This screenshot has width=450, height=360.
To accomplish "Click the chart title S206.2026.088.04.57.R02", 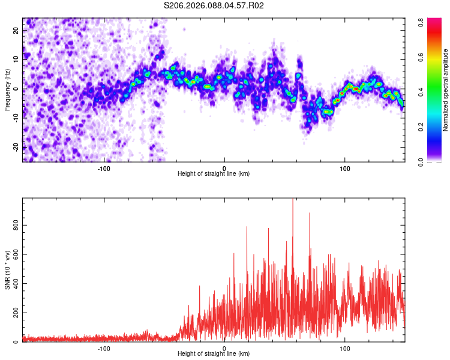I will tap(214, 5).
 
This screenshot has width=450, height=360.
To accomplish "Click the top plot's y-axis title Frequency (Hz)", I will tap(8, 89).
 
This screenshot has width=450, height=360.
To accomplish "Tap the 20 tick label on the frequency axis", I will tap(16, 30).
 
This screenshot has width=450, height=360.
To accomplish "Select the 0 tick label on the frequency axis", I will tap(16, 89).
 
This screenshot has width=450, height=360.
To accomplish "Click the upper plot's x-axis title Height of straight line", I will tap(214, 173).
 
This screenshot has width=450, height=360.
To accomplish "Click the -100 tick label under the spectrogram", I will tap(104, 167).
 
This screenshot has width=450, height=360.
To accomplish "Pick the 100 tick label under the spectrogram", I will tap(345, 167).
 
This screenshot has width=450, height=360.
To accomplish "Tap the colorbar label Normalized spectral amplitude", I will tap(446, 90).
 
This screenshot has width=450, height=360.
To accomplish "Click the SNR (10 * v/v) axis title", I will tap(8, 270).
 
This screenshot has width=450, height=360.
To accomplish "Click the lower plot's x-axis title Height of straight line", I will tap(214, 353).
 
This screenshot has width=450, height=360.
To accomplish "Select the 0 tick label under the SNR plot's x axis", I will tap(224, 347).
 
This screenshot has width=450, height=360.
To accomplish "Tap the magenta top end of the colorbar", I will tap(422, 22).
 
